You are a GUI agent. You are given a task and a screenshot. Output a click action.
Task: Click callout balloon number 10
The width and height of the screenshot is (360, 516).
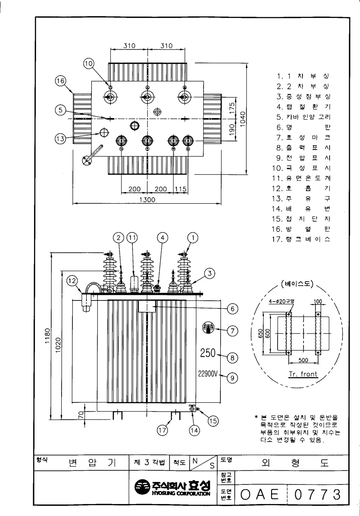point(89,63)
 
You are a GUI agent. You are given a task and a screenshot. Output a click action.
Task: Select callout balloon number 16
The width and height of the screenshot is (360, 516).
point(60,81)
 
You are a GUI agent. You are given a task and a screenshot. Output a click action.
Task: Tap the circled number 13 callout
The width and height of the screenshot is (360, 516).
point(60,139)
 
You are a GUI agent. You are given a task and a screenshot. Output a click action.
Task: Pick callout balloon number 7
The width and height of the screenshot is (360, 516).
point(232,331)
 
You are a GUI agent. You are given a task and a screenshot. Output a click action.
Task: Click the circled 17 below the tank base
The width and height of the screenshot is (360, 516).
point(162,430)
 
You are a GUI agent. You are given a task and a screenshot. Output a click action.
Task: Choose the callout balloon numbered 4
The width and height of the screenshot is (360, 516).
point(163,238)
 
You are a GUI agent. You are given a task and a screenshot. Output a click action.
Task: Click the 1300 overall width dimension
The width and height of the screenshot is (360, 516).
point(147,200)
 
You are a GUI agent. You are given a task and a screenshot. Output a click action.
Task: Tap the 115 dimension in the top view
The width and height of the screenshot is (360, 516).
point(180,189)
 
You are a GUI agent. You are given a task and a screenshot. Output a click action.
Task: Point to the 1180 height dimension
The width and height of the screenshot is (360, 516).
point(48,336)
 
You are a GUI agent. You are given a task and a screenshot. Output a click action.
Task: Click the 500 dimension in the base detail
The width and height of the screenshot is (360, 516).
point(303,360)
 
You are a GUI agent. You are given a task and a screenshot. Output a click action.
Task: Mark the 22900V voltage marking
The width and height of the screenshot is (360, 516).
point(208,374)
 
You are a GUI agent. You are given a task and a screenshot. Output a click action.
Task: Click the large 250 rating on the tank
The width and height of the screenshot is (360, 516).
point(208,353)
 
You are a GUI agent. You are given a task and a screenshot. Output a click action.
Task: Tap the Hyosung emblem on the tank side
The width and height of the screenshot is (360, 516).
point(208,328)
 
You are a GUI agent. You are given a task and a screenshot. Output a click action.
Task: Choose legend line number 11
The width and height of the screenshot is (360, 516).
point(301,178)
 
